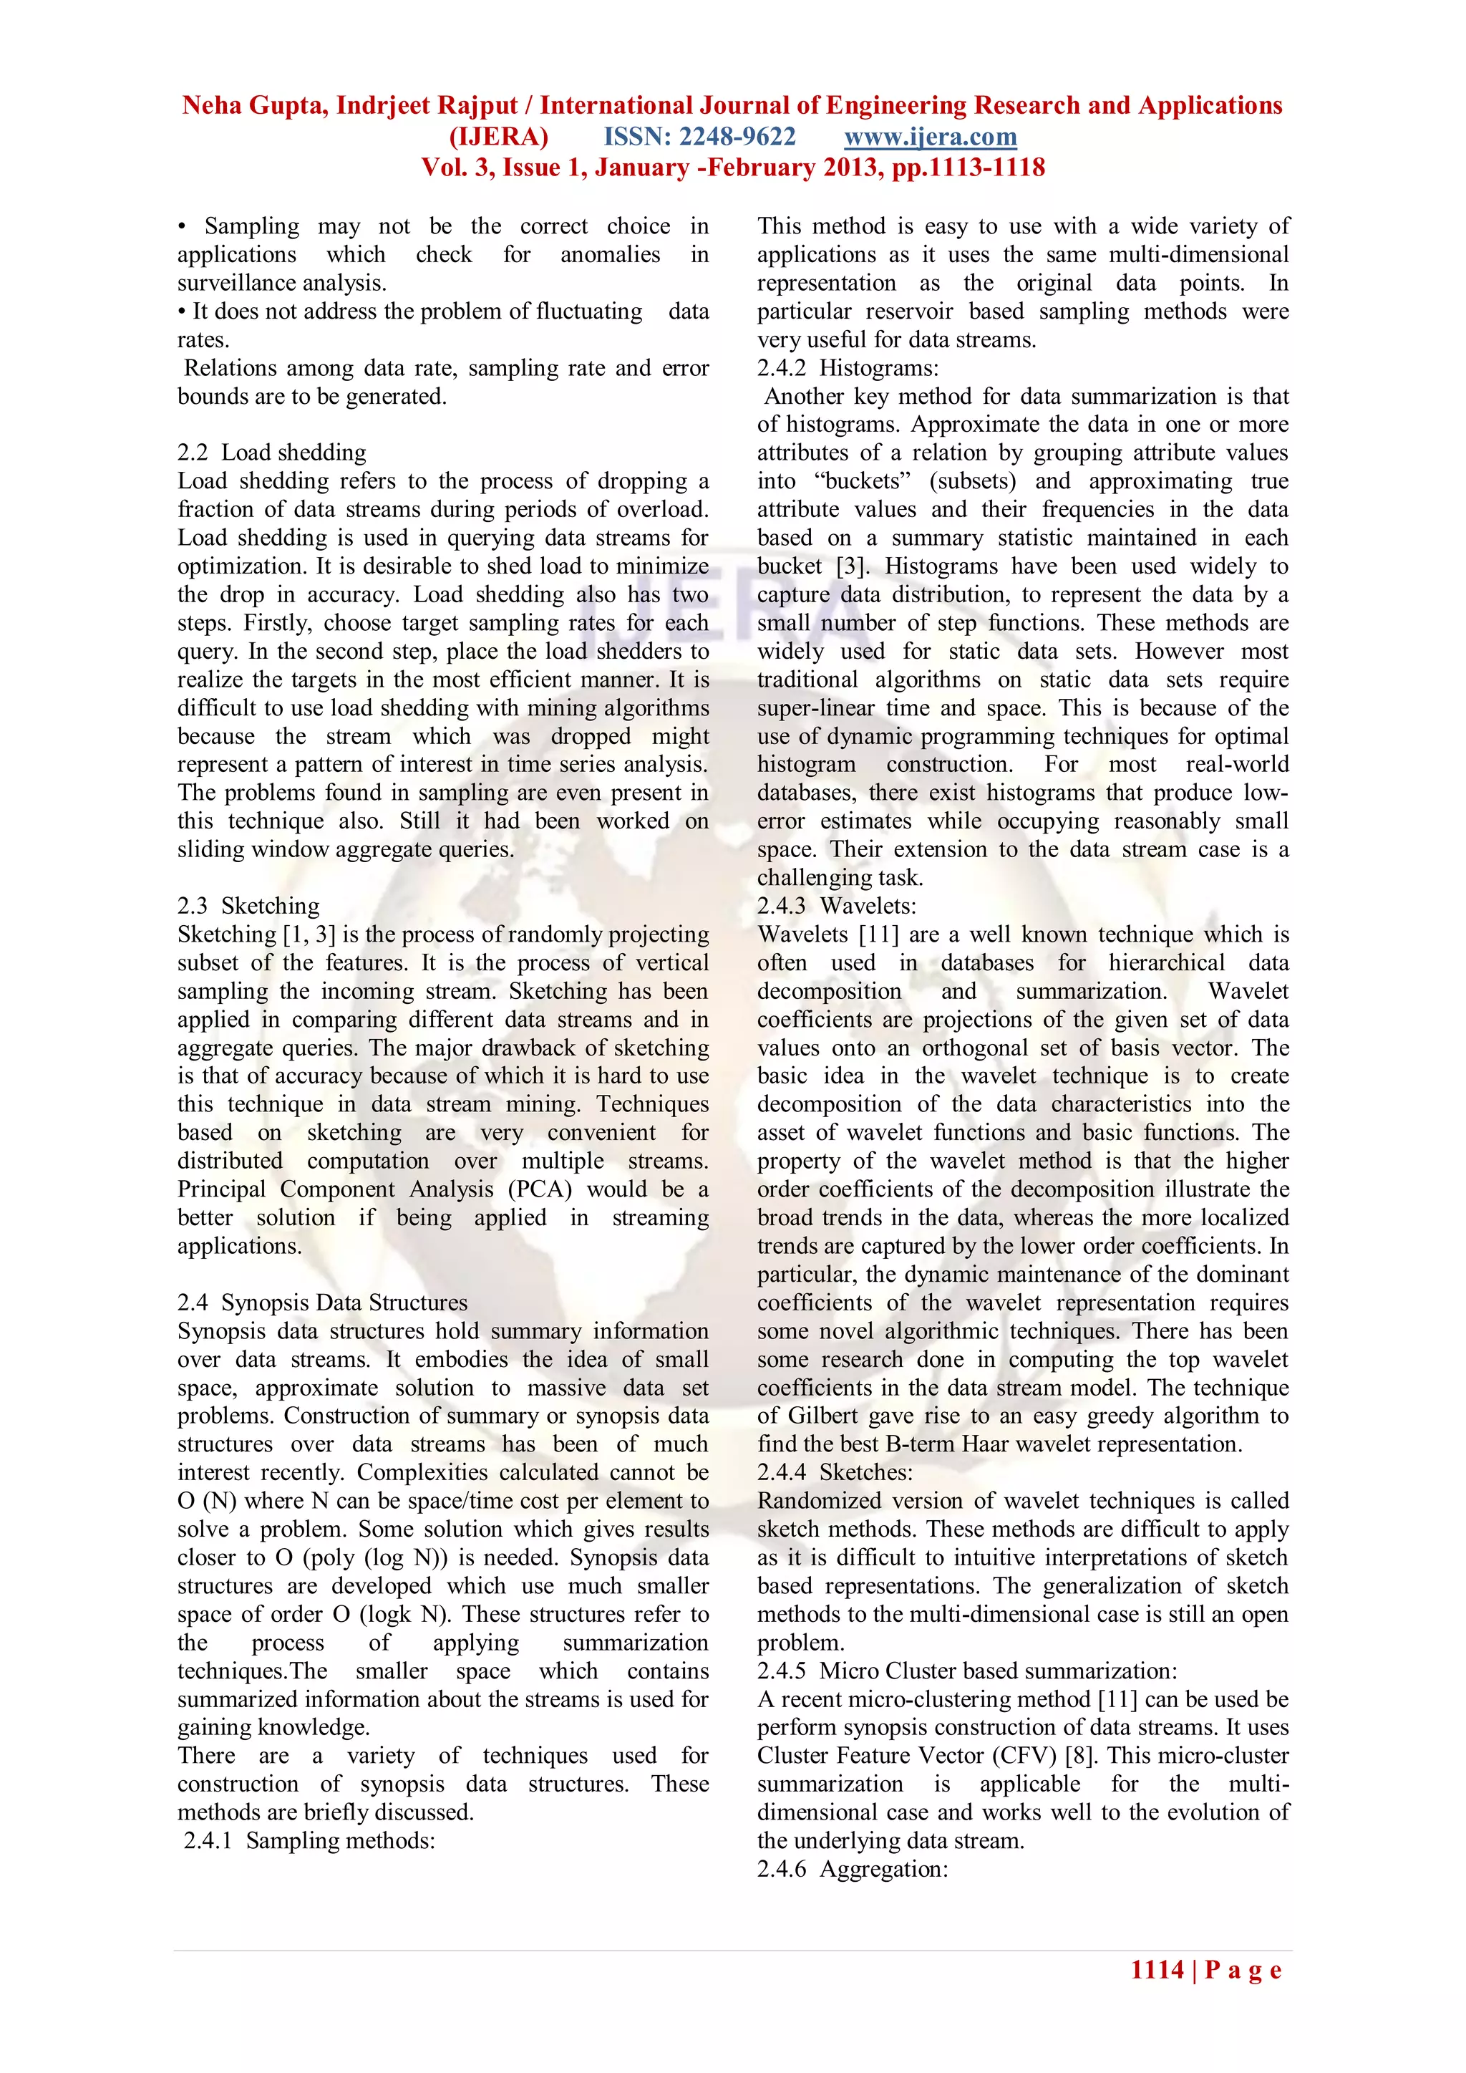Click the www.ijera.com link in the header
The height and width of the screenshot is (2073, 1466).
(x=930, y=137)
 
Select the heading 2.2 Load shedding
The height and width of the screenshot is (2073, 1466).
(x=272, y=453)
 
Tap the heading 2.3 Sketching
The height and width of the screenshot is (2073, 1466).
(x=248, y=906)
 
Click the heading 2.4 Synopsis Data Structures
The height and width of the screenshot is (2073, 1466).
(x=322, y=1302)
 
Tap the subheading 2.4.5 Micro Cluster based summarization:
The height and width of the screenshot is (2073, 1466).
(x=967, y=1671)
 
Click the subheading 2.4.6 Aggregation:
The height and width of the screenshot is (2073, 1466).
(x=852, y=1869)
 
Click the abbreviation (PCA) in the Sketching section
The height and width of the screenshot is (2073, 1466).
(x=540, y=1189)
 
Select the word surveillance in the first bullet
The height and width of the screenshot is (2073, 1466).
(x=228, y=283)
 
